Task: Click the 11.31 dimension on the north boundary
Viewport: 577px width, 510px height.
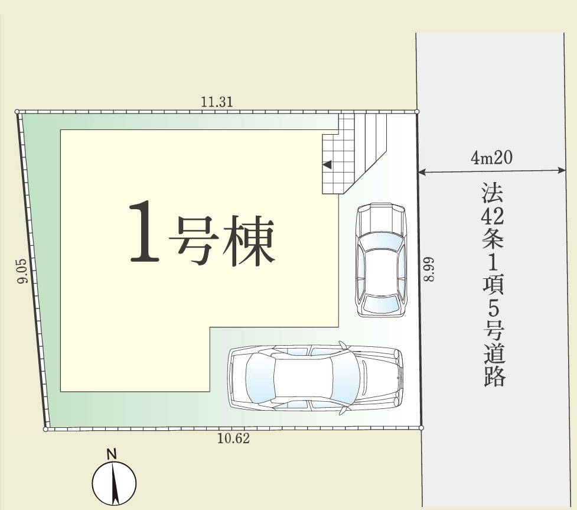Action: [x=217, y=102]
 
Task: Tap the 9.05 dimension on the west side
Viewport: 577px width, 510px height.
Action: [x=22, y=271]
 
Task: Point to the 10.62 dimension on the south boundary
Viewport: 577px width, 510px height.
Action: [x=233, y=438]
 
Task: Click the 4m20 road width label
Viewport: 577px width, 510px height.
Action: [x=491, y=158]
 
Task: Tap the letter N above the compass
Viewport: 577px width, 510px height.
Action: [x=112, y=454]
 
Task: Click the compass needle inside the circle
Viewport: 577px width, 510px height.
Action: [x=115, y=484]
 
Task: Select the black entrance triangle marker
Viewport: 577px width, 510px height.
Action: [x=327, y=165]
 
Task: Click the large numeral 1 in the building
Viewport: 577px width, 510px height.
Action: [x=144, y=232]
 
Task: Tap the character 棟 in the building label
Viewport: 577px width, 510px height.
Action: [x=248, y=241]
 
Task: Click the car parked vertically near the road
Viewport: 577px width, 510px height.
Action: [x=380, y=260]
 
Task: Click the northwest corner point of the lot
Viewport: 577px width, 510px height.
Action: [x=17, y=112]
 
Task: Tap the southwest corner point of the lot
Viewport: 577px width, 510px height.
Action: [x=45, y=430]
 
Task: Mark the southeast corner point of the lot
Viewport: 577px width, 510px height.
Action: [x=421, y=428]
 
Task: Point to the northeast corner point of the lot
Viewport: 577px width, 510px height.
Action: [x=417, y=111]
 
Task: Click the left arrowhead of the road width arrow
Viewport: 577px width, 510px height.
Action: [x=422, y=171]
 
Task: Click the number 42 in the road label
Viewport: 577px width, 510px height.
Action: [x=493, y=217]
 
